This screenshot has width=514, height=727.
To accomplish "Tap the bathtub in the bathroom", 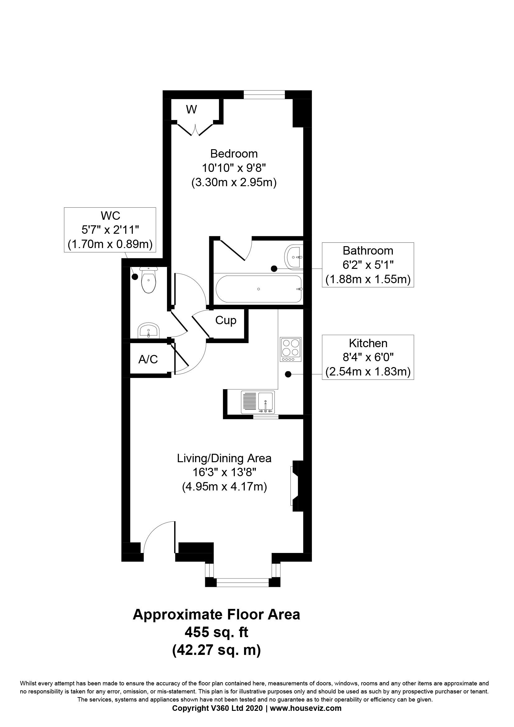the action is click(259, 289).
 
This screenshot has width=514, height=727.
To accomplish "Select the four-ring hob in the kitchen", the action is click(290, 350).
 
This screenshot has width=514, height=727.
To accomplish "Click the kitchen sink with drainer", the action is click(258, 402).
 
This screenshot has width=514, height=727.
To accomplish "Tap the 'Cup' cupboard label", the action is click(226, 320).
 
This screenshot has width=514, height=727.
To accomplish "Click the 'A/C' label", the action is click(148, 359).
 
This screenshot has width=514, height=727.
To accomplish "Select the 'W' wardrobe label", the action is click(192, 109).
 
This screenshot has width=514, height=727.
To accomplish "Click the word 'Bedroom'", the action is click(234, 154).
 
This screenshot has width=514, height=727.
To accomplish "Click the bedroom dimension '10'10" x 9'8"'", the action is click(234, 168).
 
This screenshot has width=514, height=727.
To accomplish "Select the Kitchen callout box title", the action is click(368, 343).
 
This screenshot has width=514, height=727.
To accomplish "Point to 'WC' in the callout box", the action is click(110, 216).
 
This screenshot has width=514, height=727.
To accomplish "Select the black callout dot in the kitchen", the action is click(288, 375).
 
